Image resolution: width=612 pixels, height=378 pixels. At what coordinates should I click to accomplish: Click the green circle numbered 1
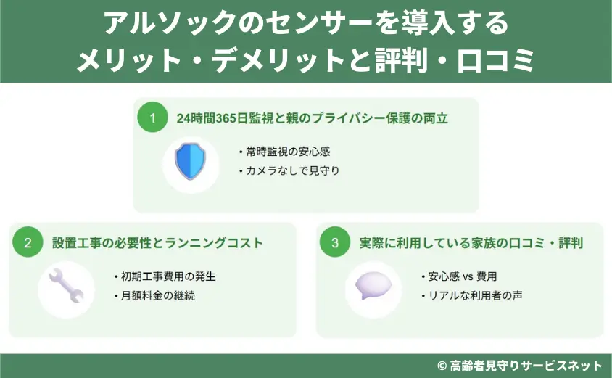point(152,118)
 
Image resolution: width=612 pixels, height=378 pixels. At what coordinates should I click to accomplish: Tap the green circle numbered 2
point(28,242)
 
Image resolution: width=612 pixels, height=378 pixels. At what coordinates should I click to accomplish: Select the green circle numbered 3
point(335,242)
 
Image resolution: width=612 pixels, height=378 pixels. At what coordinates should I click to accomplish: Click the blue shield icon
point(191,161)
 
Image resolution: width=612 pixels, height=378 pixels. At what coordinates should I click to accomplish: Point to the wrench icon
point(66,287)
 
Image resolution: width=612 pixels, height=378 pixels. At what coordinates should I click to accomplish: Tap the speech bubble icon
point(373,285)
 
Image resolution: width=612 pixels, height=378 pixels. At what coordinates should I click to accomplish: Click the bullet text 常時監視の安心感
point(288,152)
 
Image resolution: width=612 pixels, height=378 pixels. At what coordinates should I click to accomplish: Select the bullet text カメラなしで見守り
point(293,170)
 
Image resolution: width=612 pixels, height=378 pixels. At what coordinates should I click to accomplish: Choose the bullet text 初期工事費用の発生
point(168,276)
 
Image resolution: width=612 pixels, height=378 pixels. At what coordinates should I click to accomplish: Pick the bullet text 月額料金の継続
point(158,295)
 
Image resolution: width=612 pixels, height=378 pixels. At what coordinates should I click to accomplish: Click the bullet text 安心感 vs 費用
point(463,276)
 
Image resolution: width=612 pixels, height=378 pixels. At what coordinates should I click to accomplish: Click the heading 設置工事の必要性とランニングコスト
point(157,243)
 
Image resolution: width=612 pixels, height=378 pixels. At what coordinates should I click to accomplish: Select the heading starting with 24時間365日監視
point(313,118)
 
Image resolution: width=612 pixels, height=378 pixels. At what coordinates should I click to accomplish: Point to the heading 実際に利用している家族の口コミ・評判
point(471,243)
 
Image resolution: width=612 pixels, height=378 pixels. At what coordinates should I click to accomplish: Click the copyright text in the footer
point(520,366)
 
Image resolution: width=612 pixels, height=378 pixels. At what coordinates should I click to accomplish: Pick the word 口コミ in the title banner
point(495,60)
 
